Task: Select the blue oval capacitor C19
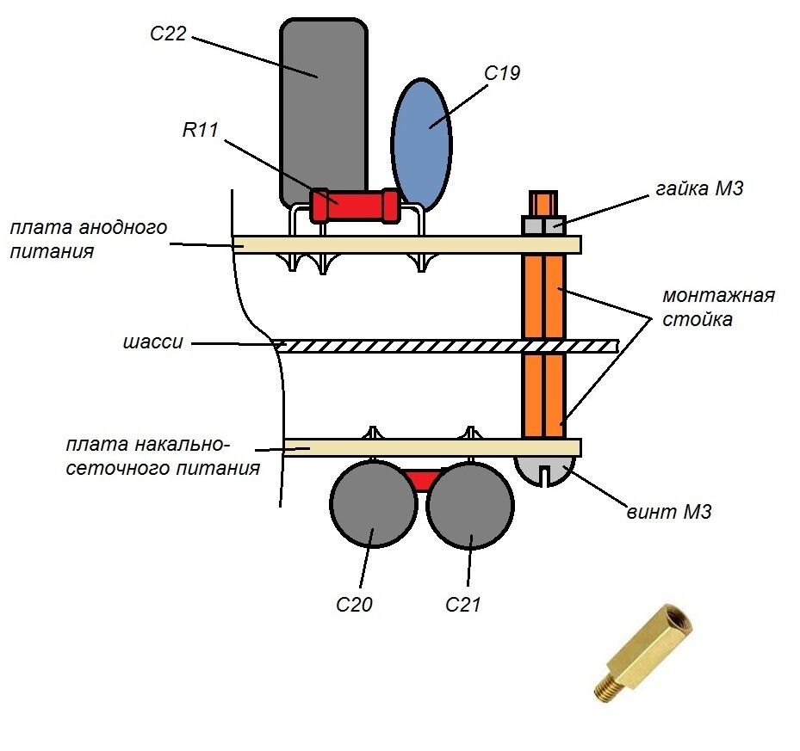click(x=421, y=145)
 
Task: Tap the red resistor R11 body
click(x=355, y=206)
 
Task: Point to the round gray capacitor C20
click(x=373, y=505)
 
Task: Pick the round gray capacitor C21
click(x=470, y=505)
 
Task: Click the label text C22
click(x=168, y=34)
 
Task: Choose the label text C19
click(x=502, y=73)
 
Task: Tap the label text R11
click(x=200, y=130)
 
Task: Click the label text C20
click(x=354, y=604)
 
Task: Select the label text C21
click(x=462, y=604)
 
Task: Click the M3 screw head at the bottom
click(x=545, y=471)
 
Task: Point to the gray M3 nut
click(x=543, y=225)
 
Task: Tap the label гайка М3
click(x=699, y=188)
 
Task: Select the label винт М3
click(x=669, y=511)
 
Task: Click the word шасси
click(x=153, y=342)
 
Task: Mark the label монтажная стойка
click(x=718, y=307)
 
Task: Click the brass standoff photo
click(x=644, y=651)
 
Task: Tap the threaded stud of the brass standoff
click(x=608, y=686)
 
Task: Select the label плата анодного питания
click(x=89, y=239)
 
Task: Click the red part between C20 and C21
click(x=422, y=479)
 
